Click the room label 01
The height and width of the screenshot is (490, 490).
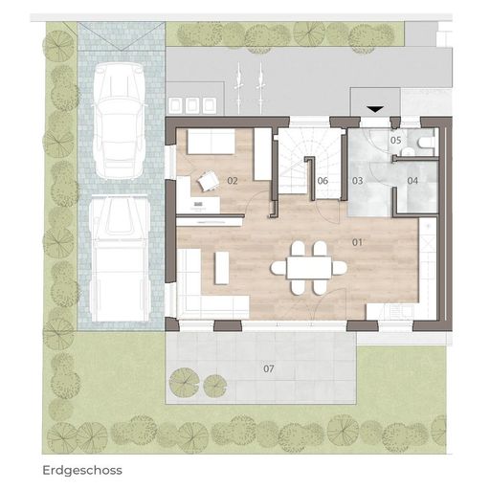(x=357, y=242)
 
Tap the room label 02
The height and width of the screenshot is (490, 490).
(x=233, y=181)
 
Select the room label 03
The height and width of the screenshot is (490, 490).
(x=357, y=181)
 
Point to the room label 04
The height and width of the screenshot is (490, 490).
(x=412, y=181)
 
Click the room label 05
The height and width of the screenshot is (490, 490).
(x=395, y=140)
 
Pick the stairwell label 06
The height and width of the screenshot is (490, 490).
(x=323, y=181)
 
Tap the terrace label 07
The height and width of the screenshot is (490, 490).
(x=269, y=368)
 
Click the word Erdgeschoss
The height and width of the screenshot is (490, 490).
(x=82, y=471)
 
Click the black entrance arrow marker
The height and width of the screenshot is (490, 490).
(x=375, y=109)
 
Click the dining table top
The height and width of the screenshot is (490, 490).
(x=309, y=268)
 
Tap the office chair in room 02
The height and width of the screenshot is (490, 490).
(x=208, y=181)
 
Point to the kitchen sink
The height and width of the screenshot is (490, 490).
(x=398, y=311)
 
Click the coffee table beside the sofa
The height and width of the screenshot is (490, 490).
(x=222, y=268)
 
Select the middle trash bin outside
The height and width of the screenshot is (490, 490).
(x=192, y=105)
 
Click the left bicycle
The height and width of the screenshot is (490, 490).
(x=238, y=88)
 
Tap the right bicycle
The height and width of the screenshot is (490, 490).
(x=260, y=88)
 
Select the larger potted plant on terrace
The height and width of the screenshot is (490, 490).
(x=185, y=382)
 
